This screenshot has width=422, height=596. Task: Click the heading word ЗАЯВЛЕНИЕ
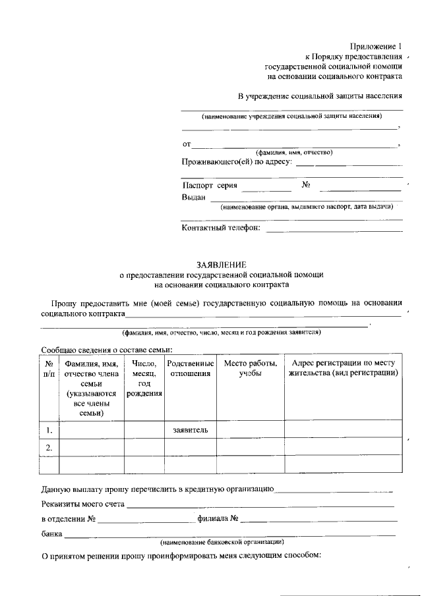tap(221, 264)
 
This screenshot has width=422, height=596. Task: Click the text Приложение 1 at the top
tap(374, 46)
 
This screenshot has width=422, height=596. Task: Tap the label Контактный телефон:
tap(221, 229)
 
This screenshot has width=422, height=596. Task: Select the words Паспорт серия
tap(209, 186)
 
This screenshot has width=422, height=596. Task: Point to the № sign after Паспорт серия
tap(306, 185)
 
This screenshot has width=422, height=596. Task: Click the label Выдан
tap(194, 197)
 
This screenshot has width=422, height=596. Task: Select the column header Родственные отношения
tap(190, 368)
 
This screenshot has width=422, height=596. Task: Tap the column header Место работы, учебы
tap(250, 368)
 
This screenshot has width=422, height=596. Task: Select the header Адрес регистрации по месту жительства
tap(343, 368)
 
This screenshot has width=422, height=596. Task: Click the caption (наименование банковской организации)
tap(222, 542)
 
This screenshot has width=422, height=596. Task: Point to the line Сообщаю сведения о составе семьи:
tap(106, 350)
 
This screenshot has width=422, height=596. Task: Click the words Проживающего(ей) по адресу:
tap(237, 161)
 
